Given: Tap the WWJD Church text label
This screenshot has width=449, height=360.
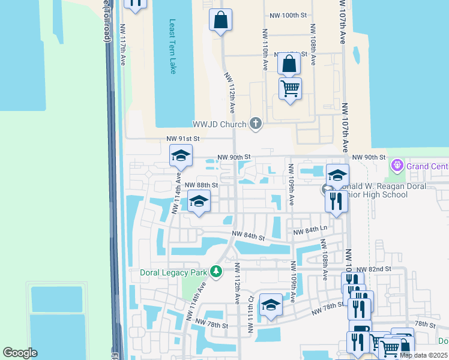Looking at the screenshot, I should (x=219, y=124).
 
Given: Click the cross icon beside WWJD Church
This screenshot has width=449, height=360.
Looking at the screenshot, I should (x=256, y=124).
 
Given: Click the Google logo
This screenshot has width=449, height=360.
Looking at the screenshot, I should (x=20, y=353).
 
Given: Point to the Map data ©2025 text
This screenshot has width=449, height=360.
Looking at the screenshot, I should (x=423, y=355).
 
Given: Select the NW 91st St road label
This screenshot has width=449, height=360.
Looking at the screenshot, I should (x=182, y=139).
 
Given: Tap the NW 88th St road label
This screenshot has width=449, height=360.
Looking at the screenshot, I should (x=200, y=185).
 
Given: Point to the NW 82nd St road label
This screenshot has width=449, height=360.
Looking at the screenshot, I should (x=373, y=271).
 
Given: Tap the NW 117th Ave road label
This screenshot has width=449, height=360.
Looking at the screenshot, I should (x=123, y=41).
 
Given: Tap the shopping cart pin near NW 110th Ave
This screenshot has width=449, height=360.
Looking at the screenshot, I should (x=291, y=89).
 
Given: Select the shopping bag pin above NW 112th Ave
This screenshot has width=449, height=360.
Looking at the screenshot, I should (x=220, y=20).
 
